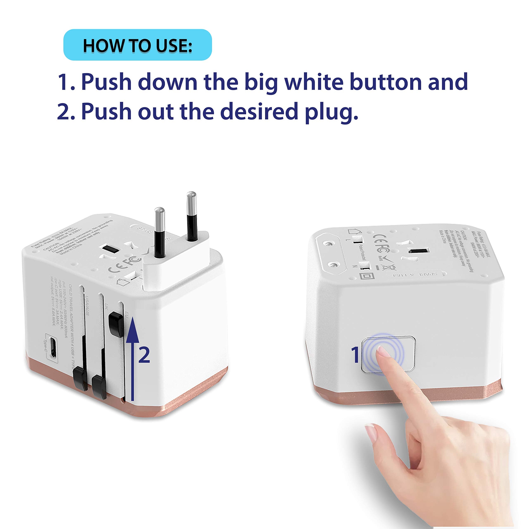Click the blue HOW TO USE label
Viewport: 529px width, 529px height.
click(137, 45)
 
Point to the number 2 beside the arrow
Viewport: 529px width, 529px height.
click(144, 355)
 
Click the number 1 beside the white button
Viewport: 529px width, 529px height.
click(356, 355)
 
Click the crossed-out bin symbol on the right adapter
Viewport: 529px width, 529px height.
click(392, 268)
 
